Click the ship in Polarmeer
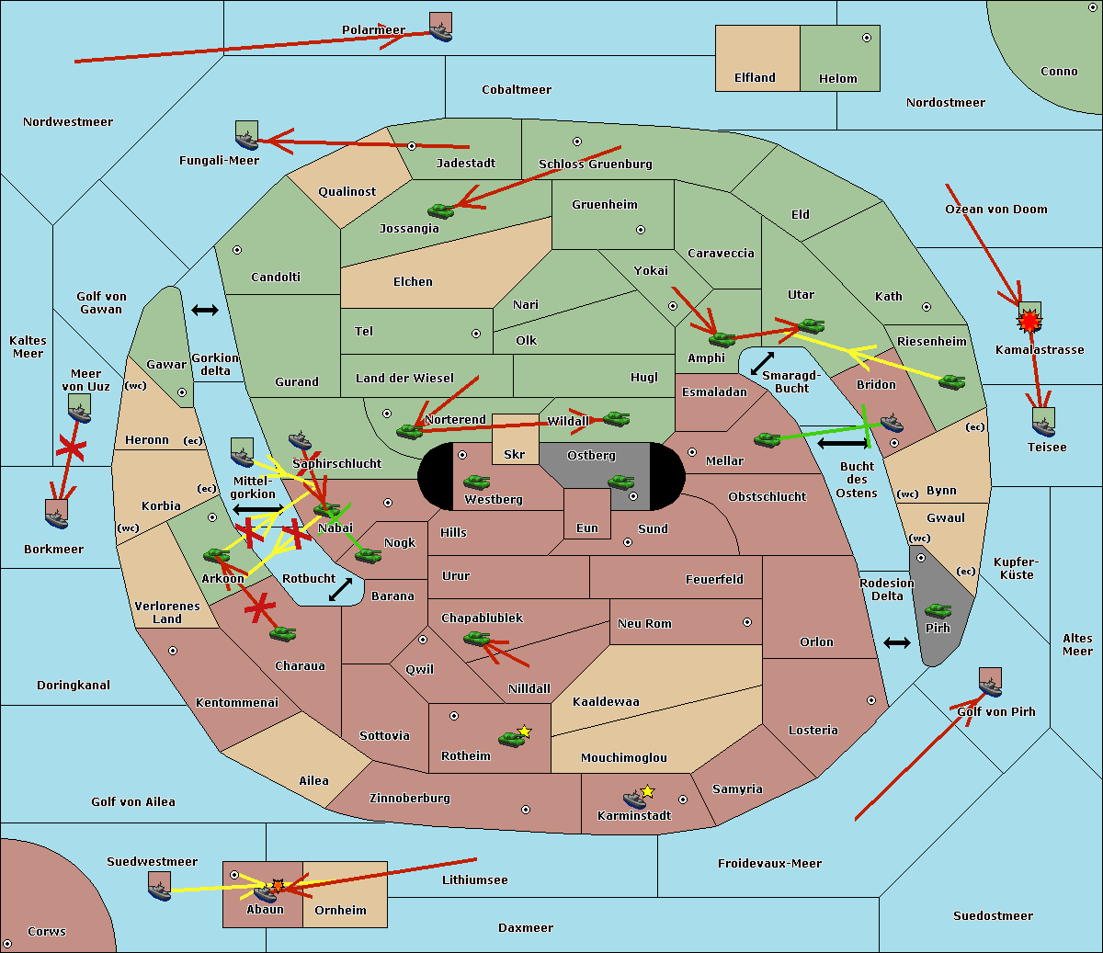tap(441, 33)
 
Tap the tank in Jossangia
tap(441, 210)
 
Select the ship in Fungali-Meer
tap(246, 141)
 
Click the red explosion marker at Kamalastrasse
tap(1029, 322)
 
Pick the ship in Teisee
tap(1044, 428)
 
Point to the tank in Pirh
tap(938, 610)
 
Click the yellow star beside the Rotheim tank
tap(524, 731)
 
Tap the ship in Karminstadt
tap(634, 800)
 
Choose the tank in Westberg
tap(476, 482)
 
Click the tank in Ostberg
tap(621, 482)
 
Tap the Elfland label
tap(755, 78)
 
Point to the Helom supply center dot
tap(867, 38)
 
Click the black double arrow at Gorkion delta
tap(205, 310)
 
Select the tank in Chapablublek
tap(476, 638)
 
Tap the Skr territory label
tap(515, 454)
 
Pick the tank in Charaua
tap(282, 634)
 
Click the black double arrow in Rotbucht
tap(340, 590)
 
